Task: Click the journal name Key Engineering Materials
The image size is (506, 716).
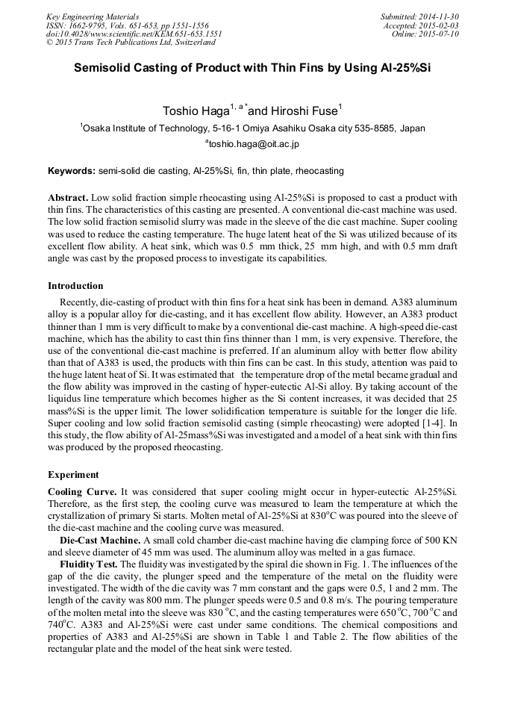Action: click(92, 16)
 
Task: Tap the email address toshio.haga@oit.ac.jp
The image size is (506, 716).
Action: click(254, 143)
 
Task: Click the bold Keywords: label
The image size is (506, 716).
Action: click(72, 171)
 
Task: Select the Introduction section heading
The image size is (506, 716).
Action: click(75, 285)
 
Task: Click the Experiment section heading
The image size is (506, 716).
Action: click(74, 474)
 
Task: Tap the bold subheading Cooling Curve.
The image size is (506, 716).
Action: click(82, 492)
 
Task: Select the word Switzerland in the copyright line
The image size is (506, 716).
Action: click(190, 43)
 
